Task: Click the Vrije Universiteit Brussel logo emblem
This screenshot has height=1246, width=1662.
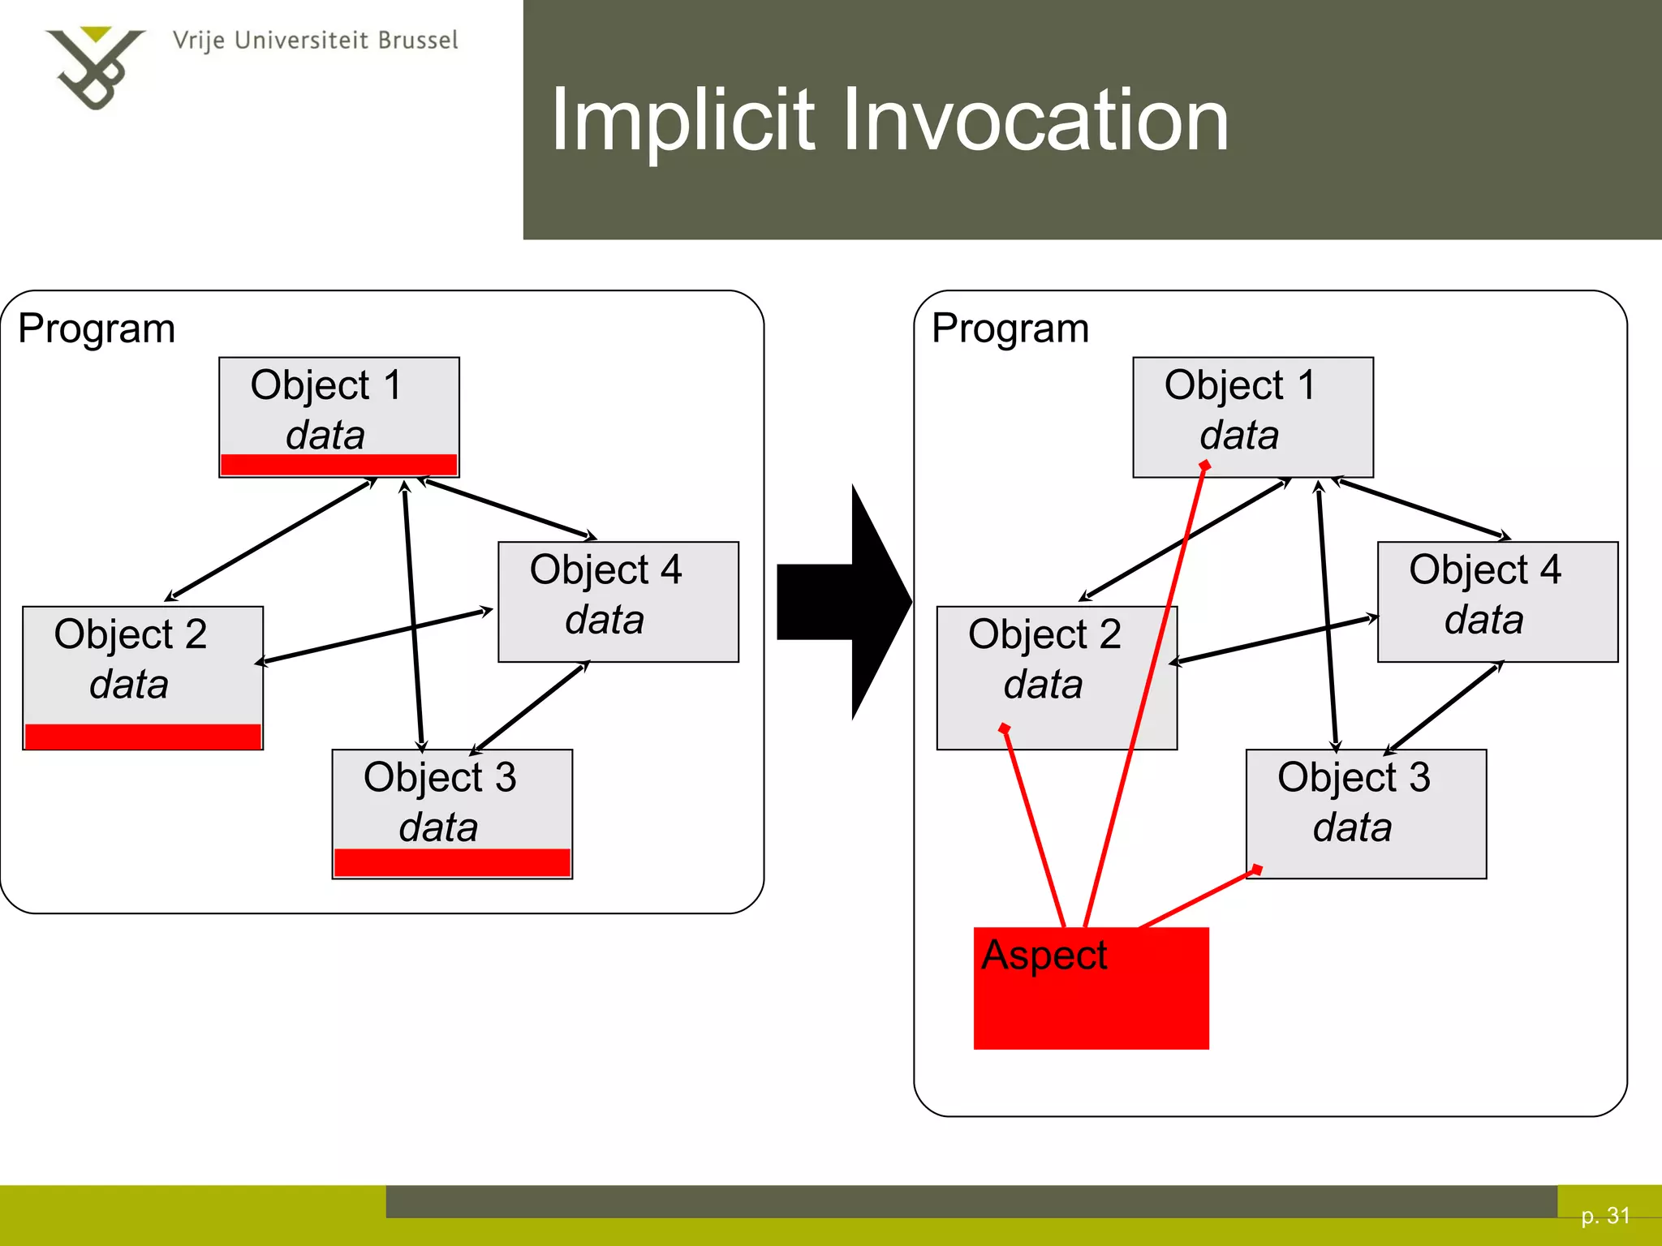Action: pyautogui.click(x=94, y=67)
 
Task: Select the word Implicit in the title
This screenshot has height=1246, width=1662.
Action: pyautogui.click(x=682, y=121)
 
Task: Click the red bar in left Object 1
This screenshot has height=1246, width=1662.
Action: pyautogui.click(x=338, y=464)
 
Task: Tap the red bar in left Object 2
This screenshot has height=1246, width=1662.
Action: pyautogui.click(x=143, y=736)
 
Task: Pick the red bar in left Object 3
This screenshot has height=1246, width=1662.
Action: pyautogui.click(x=452, y=862)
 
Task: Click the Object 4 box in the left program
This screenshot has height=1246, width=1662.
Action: pyautogui.click(x=618, y=601)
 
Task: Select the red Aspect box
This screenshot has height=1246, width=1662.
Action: pyautogui.click(x=1091, y=988)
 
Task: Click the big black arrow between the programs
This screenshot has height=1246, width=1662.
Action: pyautogui.click(x=844, y=602)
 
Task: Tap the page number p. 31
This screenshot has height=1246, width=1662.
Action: pyautogui.click(x=1605, y=1215)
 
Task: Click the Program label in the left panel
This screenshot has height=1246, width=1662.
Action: pyautogui.click(x=97, y=329)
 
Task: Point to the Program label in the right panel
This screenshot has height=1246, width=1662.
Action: pyautogui.click(x=1010, y=329)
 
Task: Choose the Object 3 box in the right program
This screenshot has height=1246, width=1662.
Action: pyautogui.click(x=1366, y=813)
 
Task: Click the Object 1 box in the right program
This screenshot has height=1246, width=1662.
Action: pyautogui.click(x=1252, y=416)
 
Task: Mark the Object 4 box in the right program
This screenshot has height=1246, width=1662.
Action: pyautogui.click(x=1497, y=601)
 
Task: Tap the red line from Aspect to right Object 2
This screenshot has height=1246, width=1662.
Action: pyautogui.click(x=1035, y=827)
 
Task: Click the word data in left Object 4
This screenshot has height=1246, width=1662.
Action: pyautogui.click(x=605, y=621)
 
